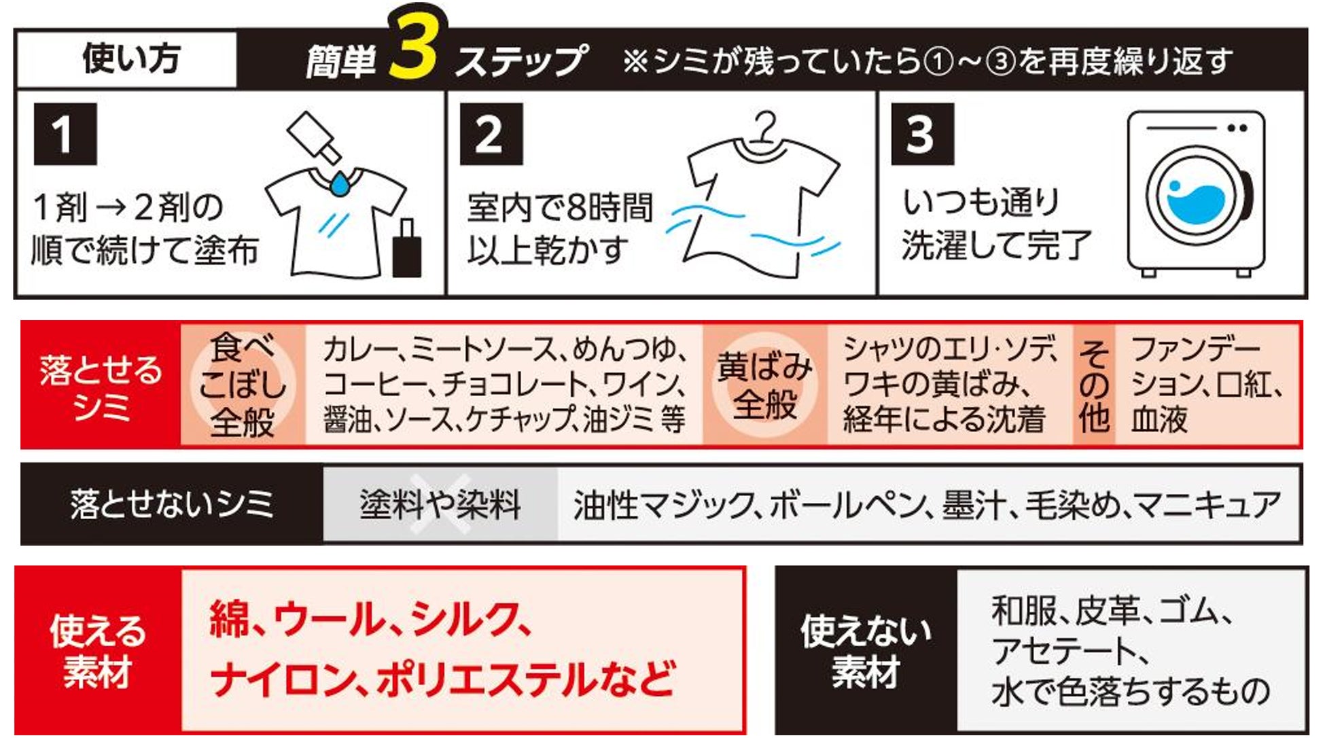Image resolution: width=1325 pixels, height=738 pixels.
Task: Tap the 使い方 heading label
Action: point(131,58)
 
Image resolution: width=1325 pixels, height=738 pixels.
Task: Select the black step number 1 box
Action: point(65,134)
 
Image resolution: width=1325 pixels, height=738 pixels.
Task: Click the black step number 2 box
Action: point(491,134)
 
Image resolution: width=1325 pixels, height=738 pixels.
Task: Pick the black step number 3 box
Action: point(923,134)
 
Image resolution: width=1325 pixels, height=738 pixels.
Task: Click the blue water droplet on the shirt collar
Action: point(339,182)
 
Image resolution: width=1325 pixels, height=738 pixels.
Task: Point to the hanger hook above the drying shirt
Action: point(766,126)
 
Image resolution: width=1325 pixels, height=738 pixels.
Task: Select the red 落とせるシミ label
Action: point(101,385)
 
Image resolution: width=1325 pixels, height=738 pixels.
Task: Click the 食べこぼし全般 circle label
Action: point(243,385)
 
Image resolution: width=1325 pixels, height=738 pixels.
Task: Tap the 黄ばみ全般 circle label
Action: point(765,385)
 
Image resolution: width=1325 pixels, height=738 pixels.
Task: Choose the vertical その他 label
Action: point(1094,385)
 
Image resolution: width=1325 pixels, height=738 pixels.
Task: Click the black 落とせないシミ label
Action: point(172,504)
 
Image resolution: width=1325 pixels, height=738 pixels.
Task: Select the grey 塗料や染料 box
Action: point(440,504)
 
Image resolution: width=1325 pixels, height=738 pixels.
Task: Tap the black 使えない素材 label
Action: point(866,651)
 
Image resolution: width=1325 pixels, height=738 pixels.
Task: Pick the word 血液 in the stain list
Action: point(1159,419)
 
